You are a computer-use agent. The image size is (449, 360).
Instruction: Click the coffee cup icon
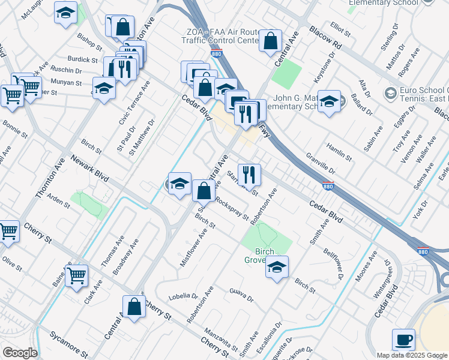403,340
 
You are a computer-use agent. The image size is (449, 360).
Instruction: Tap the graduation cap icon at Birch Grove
277,267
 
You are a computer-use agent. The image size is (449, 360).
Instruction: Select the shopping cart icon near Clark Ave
76,276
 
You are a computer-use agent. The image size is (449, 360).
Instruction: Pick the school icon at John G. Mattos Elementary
329,101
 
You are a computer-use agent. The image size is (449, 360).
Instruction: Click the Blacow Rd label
327,37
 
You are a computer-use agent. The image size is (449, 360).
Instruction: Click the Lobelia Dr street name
184,296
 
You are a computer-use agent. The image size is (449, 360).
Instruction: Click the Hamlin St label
339,151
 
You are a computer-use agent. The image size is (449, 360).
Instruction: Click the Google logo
20,353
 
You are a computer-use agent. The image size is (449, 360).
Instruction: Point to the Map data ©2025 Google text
412,355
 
